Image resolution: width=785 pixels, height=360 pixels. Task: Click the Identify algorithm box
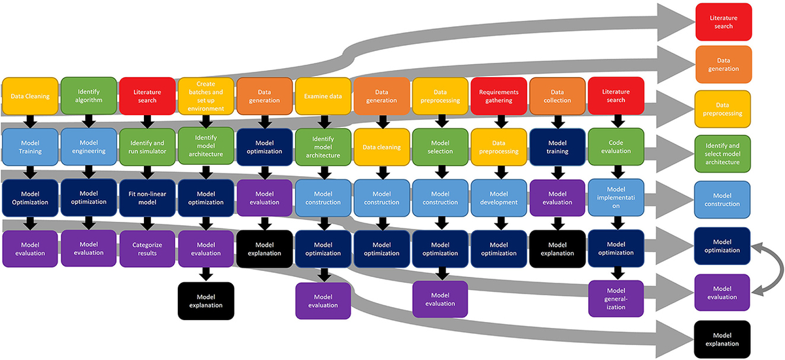(x=89, y=96)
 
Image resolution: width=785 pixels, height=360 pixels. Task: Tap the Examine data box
(x=323, y=96)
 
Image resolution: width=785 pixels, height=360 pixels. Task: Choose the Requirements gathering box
(x=499, y=96)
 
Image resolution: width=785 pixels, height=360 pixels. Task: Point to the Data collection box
(x=557, y=96)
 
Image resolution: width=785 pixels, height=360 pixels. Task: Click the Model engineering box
(x=89, y=147)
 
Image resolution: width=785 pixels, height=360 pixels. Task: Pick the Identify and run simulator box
(x=147, y=147)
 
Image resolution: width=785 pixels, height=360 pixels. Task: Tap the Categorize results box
(x=147, y=249)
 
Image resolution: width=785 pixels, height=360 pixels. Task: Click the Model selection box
(x=440, y=147)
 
